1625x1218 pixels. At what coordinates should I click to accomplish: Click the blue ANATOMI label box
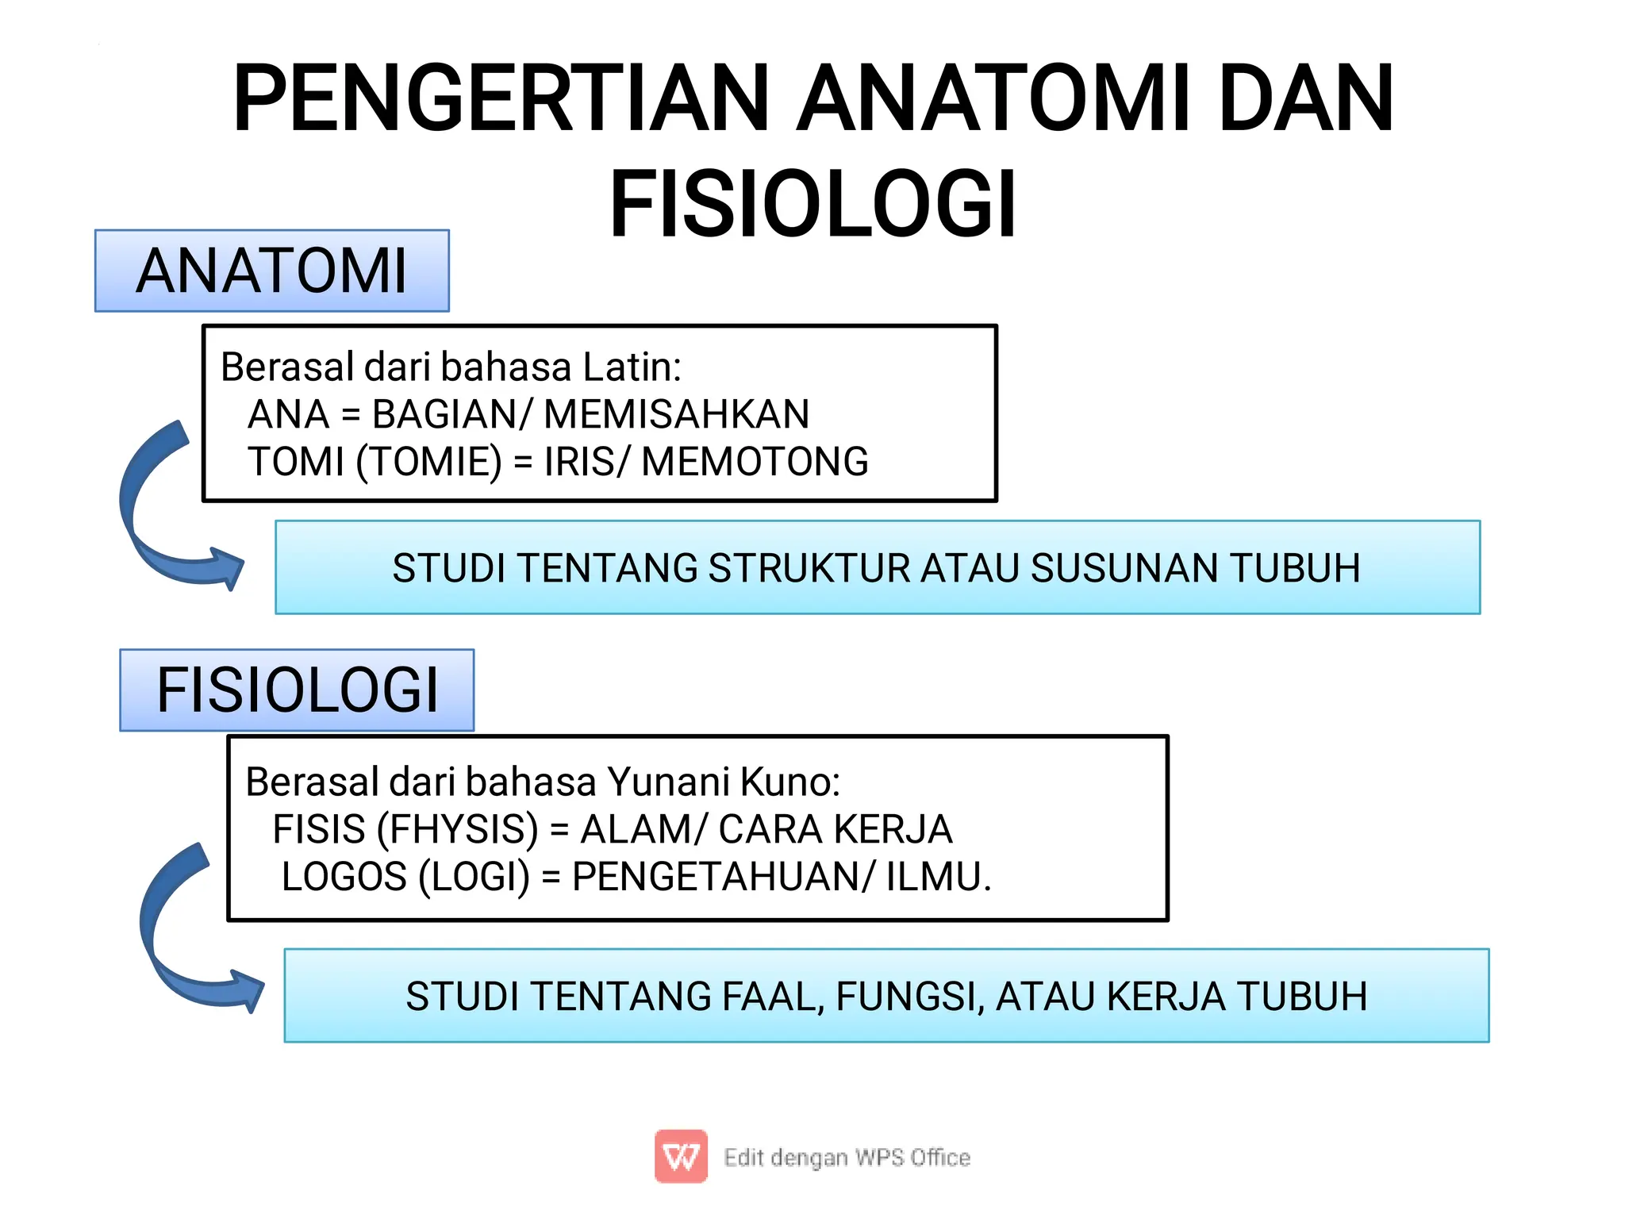(x=272, y=271)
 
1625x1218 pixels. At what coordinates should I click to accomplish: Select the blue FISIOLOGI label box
(x=297, y=690)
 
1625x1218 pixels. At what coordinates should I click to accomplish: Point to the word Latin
(x=632, y=367)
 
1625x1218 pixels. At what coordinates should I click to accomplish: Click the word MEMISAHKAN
(x=677, y=414)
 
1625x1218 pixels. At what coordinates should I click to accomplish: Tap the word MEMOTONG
(x=755, y=462)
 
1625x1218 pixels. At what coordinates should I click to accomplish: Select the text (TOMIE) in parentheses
(x=429, y=463)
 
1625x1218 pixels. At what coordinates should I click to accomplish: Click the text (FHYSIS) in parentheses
(x=458, y=830)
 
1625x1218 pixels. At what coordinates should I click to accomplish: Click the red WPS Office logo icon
(x=681, y=1156)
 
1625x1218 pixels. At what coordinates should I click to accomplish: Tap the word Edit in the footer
(x=743, y=1158)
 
